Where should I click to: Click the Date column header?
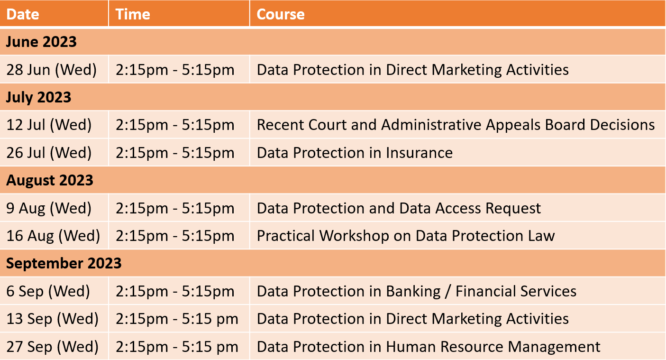[x=23, y=14]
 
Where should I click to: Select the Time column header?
[x=133, y=14]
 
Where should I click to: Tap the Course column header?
[x=280, y=14]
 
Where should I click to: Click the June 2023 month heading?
[x=41, y=41]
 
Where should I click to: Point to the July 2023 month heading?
[x=39, y=97]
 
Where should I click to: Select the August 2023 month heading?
[x=50, y=180]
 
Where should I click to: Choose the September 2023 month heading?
[x=64, y=263]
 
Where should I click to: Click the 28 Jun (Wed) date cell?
[x=52, y=70]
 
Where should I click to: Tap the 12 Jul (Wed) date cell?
[x=49, y=125]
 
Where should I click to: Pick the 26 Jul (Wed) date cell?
[x=49, y=153]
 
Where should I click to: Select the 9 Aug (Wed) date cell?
[x=49, y=208]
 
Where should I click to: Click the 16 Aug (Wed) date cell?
[x=53, y=236]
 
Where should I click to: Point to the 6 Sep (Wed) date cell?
[x=48, y=291]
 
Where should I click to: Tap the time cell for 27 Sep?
[x=177, y=347]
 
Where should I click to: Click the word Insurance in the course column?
[x=419, y=153]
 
